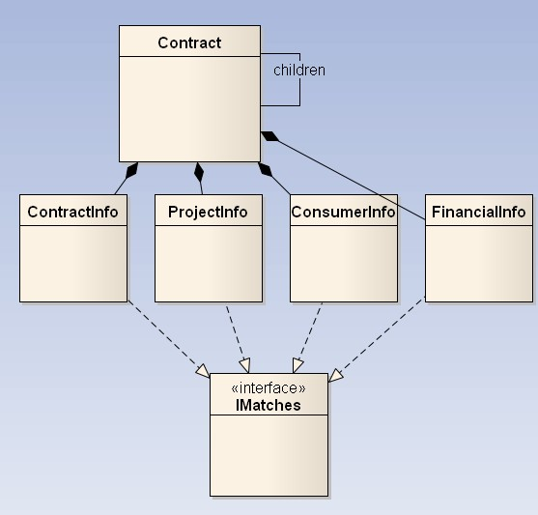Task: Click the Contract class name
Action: pos(189,43)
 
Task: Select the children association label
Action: pos(299,71)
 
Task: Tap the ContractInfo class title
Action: pos(72,212)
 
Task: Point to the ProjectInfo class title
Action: pos(208,212)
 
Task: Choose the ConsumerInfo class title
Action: pos(343,212)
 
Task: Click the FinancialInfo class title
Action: pos(478,212)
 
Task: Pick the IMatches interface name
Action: pos(269,405)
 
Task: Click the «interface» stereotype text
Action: pos(269,388)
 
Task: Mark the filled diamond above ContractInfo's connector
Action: pos(132,170)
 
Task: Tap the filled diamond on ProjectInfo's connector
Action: pos(199,172)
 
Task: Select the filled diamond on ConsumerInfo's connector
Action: pos(265,170)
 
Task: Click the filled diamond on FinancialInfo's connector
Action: pos(270,136)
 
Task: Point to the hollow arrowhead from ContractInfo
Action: pos(203,371)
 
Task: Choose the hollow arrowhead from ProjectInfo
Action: pos(245,365)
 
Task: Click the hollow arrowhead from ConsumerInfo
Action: pos(297,365)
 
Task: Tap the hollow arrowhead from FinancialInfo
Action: pos(335,375)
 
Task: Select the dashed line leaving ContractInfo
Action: pos(165,335)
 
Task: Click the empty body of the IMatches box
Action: pos(269,455)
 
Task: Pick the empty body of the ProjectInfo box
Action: pos(209,264)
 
